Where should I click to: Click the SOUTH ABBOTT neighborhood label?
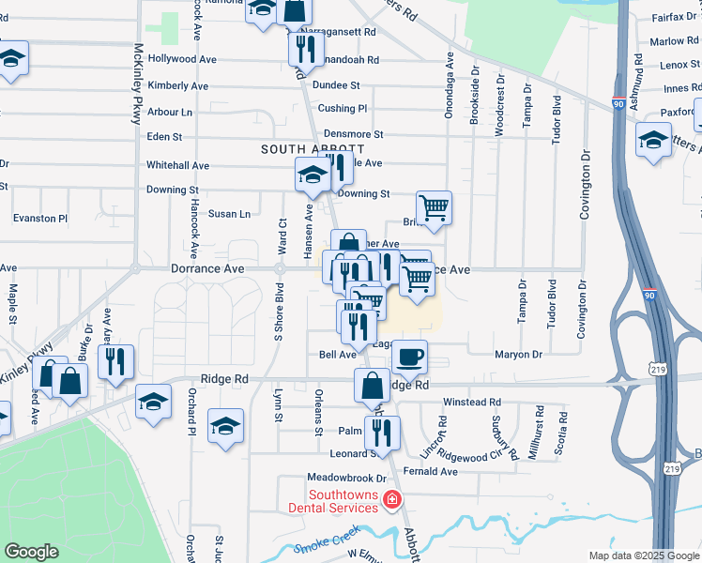point(313,149)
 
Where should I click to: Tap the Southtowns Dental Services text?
point(343,501)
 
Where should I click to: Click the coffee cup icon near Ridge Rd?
point(409,358)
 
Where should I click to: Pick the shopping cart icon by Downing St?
point(434,207)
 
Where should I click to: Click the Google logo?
point(31,552)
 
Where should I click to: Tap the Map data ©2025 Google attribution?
point(643,555)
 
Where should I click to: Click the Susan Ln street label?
point(229,214)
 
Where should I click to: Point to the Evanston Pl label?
point(40,218)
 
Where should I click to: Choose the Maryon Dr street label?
point(519,355)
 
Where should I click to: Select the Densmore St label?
point(353,135)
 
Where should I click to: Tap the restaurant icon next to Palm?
point(382,433)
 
